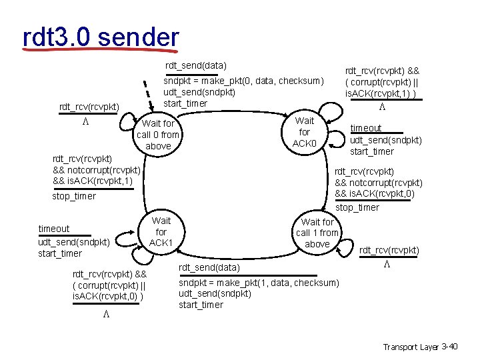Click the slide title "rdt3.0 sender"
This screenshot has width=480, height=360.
tap(101, 37)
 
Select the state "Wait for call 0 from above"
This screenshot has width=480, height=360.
tap(158, 135)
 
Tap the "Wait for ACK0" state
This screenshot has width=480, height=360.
tap(305, 132)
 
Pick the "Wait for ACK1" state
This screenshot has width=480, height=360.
tap(161, 231)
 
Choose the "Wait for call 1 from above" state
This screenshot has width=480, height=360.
tap(317, 233)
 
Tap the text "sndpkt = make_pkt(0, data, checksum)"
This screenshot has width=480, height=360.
tap(243, 81)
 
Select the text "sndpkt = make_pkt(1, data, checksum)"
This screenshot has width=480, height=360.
tap(259, 283)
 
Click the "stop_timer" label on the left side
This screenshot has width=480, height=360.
tap(74, 196)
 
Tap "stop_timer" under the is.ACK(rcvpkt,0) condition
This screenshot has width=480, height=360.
tap(357, 207)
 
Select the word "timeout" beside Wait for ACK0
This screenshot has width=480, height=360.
tap(366, 128)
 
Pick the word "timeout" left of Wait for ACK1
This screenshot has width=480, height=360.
tap(54, 229)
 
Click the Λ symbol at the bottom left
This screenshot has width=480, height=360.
tap(105, 315)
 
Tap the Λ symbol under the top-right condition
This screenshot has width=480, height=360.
tap(382, 107)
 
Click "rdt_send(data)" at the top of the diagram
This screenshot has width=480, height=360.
tap(196, 65)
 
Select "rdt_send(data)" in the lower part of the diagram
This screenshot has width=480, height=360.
tap(209, 267)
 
